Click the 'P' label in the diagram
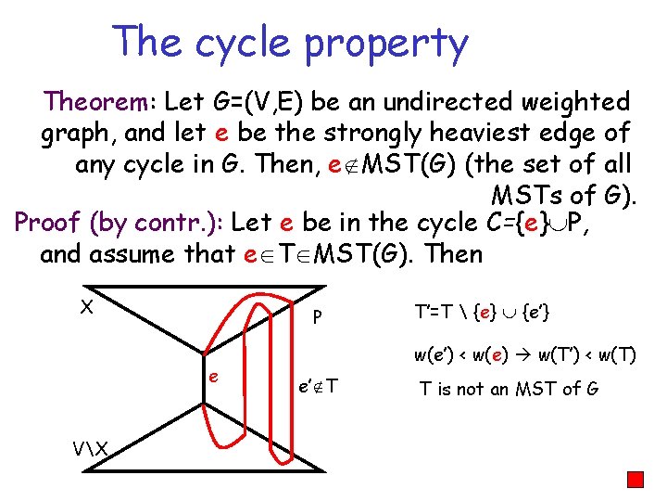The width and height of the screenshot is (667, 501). pyautogui.click(x=317, y=317)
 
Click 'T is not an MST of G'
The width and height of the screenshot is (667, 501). pyautogui.click(x=509, y=388)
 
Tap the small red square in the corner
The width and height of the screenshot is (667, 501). pyautogui.click(x=635, y=480)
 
